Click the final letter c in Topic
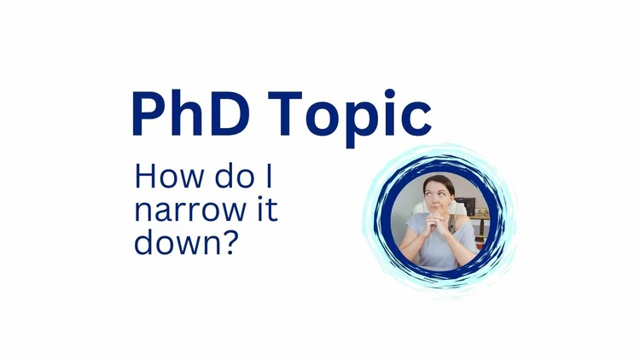(418, 119)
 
